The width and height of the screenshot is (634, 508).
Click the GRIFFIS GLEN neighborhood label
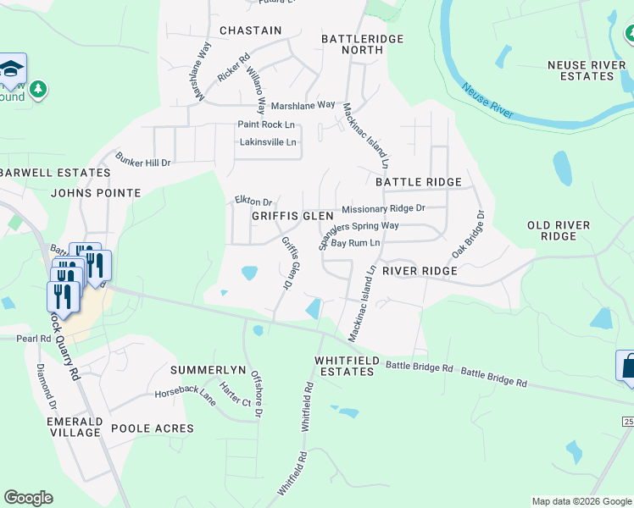[x=292, y=216]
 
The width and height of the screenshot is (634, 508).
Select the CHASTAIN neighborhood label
[x=250, y=30]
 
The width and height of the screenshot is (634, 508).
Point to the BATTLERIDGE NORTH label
[x=352, y=44]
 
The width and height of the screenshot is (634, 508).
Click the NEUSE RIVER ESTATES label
[x=581, y=70]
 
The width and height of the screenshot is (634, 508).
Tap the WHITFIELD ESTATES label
[x=346, y=366]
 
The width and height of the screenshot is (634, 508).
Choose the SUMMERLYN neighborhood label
[x=208, y=371]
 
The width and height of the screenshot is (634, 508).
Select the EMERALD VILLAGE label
[x=75, y=427]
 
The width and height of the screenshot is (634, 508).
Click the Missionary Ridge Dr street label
[x=382, y=208]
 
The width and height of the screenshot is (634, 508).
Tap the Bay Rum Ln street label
[x=354, y=243]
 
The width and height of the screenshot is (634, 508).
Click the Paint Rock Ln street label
[x=265, y=124]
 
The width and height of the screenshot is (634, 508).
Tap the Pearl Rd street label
[x=34, y=338]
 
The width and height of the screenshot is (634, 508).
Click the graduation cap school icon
[x=13, y=67]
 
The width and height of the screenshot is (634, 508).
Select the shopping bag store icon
[x=626, y=365]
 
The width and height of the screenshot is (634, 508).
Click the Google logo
[x=28, y=498]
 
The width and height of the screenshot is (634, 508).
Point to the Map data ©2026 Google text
[x=581, y=501]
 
